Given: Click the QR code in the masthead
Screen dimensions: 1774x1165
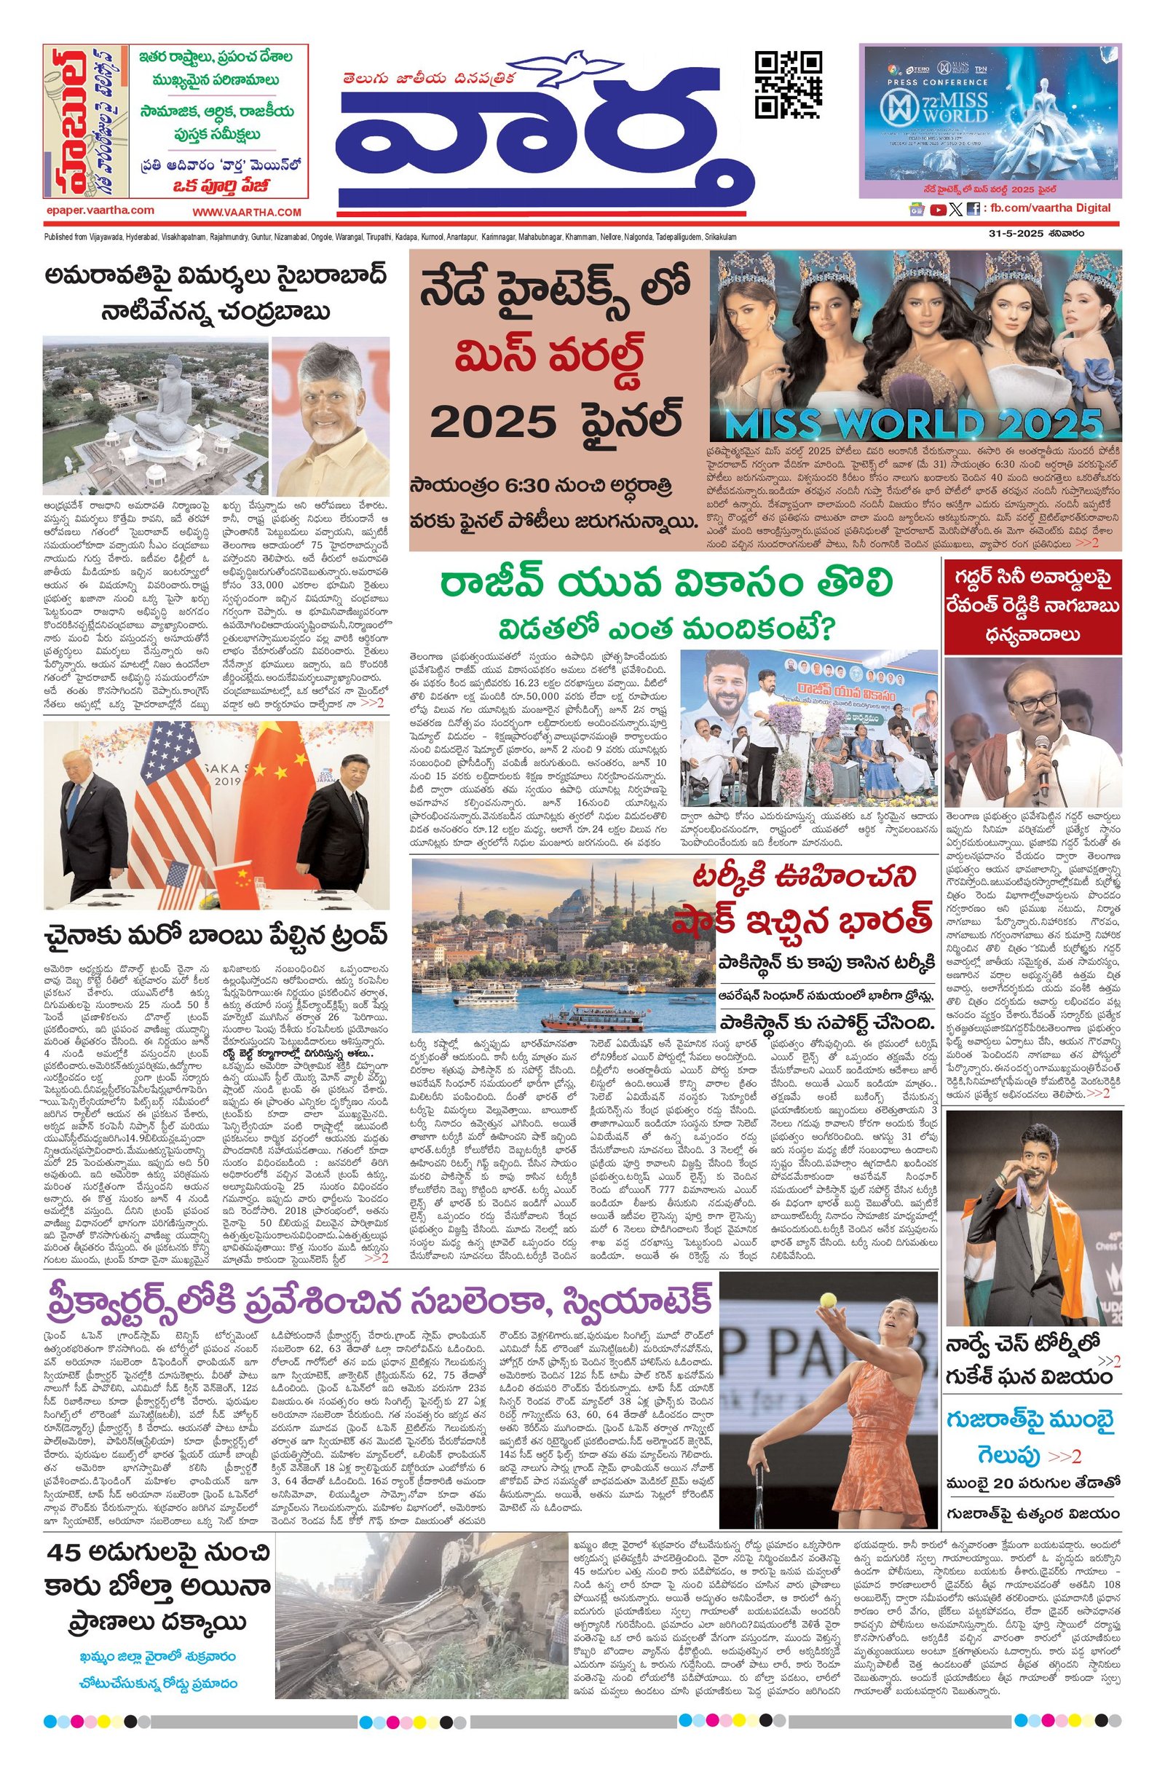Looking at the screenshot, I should pos(788,85).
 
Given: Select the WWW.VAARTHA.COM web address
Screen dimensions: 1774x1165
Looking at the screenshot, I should pos(247,213).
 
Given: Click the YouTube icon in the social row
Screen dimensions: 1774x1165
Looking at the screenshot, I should pos(939,210).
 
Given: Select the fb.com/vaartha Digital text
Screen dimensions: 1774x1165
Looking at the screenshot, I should pos(1050,208).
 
